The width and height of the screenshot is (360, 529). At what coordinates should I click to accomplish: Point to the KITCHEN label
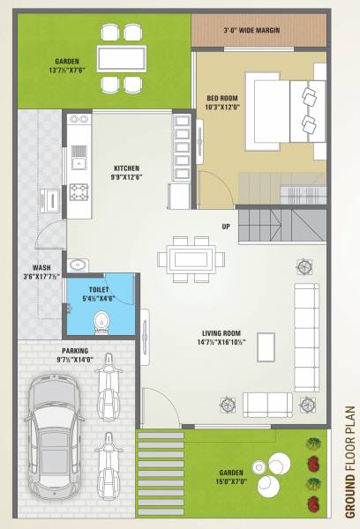click(127, 166)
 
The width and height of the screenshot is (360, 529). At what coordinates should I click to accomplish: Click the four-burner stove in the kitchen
click(78, 190)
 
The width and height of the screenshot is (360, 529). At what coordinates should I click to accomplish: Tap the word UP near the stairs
click(226, 227)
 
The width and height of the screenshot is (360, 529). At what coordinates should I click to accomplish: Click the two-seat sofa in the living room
click(267, 404)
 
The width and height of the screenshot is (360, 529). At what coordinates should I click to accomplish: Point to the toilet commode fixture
click(101, 319)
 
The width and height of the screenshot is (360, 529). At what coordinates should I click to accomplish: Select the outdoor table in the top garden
click(122, 58)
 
